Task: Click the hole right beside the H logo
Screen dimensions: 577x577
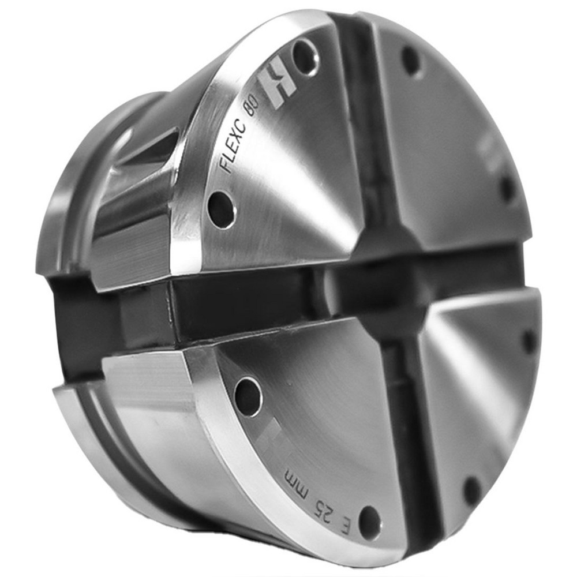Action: click(306, 57)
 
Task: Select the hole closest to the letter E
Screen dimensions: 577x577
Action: click(369, 522)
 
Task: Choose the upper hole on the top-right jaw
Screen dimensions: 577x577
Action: click(413, 61)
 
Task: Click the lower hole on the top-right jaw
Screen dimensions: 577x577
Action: click(507, 188)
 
